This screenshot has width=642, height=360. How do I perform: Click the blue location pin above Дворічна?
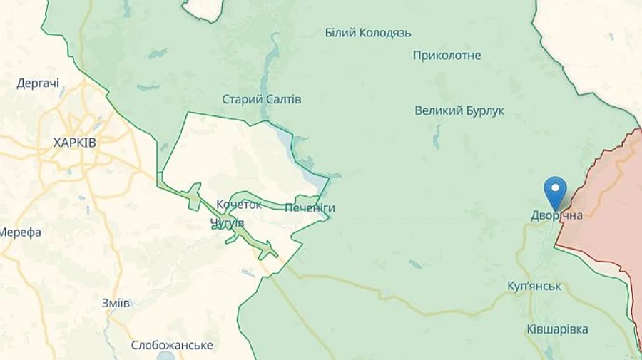coord(555,190)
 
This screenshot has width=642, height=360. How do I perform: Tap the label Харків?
coord(75,143)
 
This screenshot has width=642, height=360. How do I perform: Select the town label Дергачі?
coord(38,84)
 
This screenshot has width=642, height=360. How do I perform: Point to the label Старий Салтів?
coord(261,99)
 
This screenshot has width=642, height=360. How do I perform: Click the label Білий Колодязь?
coord(367,33)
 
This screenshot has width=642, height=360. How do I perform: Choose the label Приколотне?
coord(447,56)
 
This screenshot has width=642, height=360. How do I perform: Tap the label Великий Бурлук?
coord(459,110)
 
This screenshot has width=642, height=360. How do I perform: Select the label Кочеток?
coord(239,205)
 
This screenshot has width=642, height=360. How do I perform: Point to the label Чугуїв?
coord(228,223)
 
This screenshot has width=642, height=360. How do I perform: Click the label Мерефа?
coord(21,232)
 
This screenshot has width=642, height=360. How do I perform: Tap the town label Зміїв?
coord(116,303)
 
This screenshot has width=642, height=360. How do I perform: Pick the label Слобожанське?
coord(172,345)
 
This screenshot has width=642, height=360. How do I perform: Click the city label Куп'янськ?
coord(534,287)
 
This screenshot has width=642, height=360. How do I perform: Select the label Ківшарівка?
coord(557,329)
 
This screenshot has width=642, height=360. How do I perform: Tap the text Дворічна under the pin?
coord(556,215)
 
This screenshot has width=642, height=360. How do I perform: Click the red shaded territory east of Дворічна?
coord(606,207)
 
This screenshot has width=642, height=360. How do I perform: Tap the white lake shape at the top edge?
coord(205,9)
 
